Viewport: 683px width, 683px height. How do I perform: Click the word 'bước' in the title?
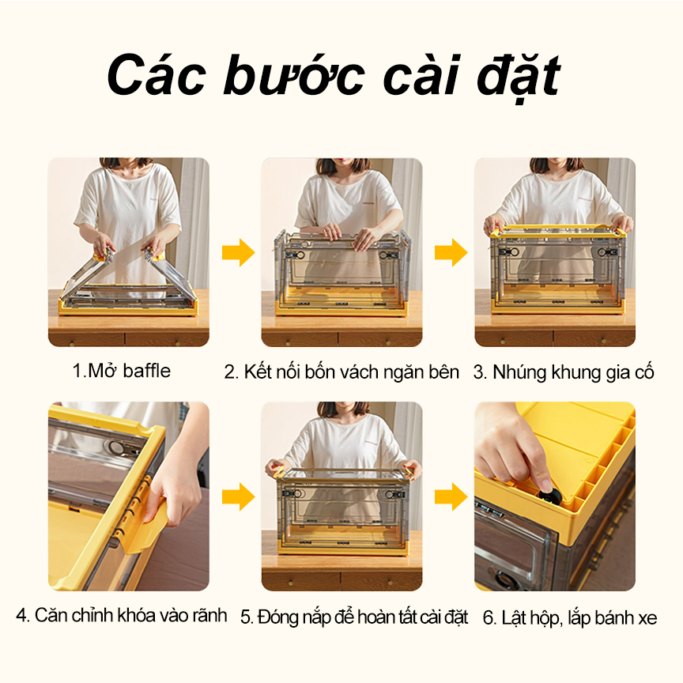(x=293, y=74)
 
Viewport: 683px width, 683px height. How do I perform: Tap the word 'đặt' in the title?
(x=519, y=78)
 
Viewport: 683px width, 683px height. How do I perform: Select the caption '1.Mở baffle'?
(x=121, y=371)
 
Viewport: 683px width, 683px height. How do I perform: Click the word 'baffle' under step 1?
(x=147, y=371)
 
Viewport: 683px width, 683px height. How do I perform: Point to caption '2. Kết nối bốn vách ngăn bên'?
(x=341, y=372)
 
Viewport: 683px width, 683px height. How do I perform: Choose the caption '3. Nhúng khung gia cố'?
(x=564, y=373)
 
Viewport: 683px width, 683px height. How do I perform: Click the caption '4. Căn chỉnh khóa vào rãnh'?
(x=122, y=616)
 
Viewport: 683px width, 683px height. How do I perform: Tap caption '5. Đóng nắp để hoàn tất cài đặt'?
(x=354, y=617)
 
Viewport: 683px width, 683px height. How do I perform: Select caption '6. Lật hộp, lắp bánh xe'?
(x=570, y=617)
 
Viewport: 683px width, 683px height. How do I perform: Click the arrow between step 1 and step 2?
(x=238, y=252)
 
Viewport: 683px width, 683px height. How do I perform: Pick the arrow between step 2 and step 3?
(x=451, y=252)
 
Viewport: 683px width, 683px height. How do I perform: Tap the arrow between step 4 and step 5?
(x=238, y=496)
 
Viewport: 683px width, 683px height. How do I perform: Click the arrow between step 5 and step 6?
(x=451, y=496)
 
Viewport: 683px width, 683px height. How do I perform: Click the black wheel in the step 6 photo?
(x=550, y=496)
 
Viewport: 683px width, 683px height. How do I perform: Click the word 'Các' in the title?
(x=157, y=74)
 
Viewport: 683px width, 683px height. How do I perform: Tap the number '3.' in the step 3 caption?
(x=481, y=373)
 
